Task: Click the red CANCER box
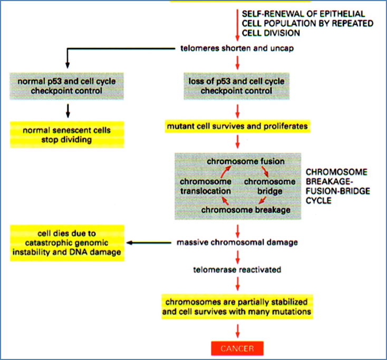coord(237,348)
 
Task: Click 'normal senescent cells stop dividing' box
coord(67,134)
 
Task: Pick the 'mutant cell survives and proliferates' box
coord(237,127)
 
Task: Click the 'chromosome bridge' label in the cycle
coord(269,186)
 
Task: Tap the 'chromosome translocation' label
coord(206,186)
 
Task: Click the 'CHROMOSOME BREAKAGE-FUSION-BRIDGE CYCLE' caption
coord(337,187)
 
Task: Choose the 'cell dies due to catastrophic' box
coord(66,243)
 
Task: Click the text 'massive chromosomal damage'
coord(238,243)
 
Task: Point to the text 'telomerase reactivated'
coord(237,269)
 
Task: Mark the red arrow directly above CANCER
coord(238,330)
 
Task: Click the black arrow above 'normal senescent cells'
coord(67,110)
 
